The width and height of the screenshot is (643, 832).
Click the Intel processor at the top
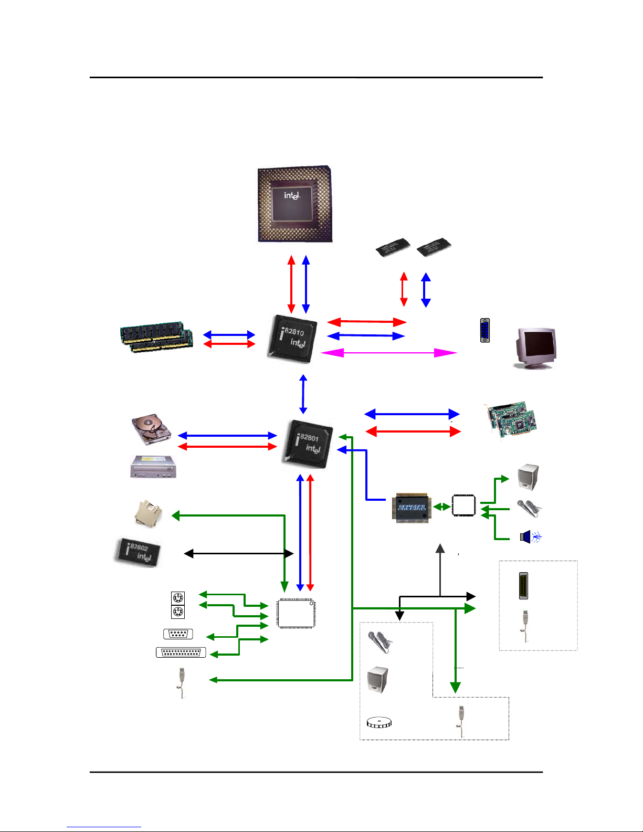[294, 204]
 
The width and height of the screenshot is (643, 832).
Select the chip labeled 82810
[293, 339]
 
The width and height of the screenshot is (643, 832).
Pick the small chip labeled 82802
[138, 552]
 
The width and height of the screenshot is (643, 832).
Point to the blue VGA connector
[485, 330]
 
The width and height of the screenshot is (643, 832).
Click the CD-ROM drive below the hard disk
[153, 466]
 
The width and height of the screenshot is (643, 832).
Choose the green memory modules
[156, 337]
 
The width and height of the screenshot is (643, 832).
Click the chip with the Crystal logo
[412, 507]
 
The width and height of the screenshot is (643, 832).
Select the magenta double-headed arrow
[388, 353]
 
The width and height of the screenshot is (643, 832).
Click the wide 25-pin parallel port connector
[181, 652]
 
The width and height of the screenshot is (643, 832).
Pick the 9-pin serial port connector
[178, 634]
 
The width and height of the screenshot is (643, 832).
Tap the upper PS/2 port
[178, 598]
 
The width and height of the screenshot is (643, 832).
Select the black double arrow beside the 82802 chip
[238, 553]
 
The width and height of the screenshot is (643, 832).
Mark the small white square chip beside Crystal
[463, 505]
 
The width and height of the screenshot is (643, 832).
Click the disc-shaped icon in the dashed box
[378, 723]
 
